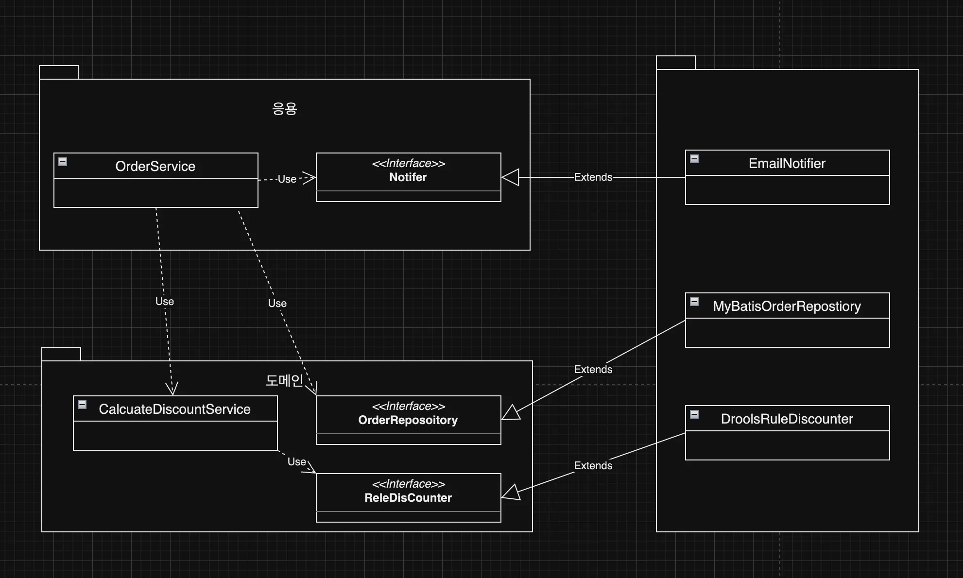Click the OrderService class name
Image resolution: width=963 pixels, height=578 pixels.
(155, 166)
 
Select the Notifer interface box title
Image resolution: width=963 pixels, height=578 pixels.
(408, 177)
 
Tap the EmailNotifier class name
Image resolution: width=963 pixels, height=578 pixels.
(787, 163)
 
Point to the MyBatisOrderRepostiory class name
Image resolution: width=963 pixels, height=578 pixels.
(787, 306)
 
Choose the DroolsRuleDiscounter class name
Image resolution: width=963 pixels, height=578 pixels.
(787, 419)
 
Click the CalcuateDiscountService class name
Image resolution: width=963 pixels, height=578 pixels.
(174, 409)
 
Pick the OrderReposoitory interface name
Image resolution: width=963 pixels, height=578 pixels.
(408, 420)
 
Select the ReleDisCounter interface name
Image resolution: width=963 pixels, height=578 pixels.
(408, 498)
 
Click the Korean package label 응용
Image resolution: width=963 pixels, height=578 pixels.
(284, 108)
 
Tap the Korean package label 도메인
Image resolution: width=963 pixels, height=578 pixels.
(284, 380)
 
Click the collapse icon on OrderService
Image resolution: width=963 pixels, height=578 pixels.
(63, 162)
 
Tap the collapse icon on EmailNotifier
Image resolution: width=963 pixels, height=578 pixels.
(694, 159)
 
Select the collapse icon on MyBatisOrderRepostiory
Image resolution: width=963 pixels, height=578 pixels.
(694, 302)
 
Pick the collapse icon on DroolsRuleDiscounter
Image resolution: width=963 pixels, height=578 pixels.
(694, 414)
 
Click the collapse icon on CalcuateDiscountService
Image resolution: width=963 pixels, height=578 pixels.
(82, 405)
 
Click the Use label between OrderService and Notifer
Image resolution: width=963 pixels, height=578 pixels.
(287, 179)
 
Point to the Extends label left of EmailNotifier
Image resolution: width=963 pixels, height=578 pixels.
(593, 177)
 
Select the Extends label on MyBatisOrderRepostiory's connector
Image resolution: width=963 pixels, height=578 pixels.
(593, 370)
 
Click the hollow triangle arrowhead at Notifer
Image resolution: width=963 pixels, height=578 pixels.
(510, 177)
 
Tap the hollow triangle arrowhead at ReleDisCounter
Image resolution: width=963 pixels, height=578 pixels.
(511, 493)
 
